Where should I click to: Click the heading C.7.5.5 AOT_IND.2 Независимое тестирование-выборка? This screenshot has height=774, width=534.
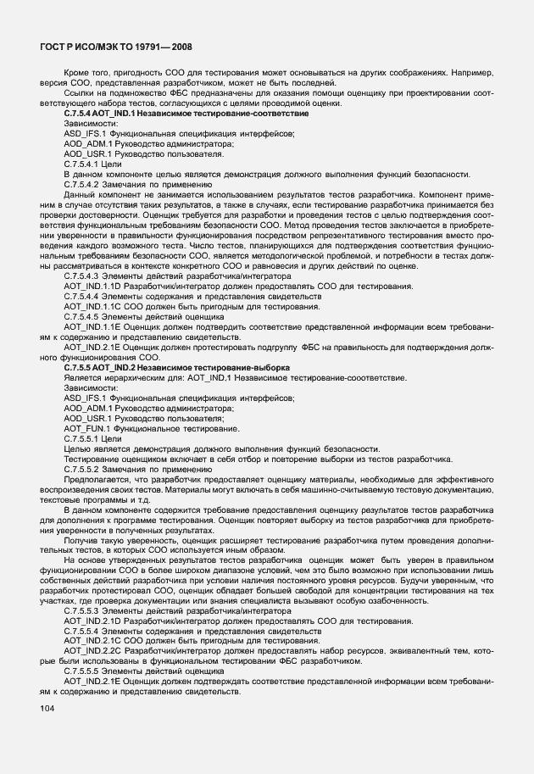coord(176,367)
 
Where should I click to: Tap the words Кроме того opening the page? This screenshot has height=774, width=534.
coord(84,72)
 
